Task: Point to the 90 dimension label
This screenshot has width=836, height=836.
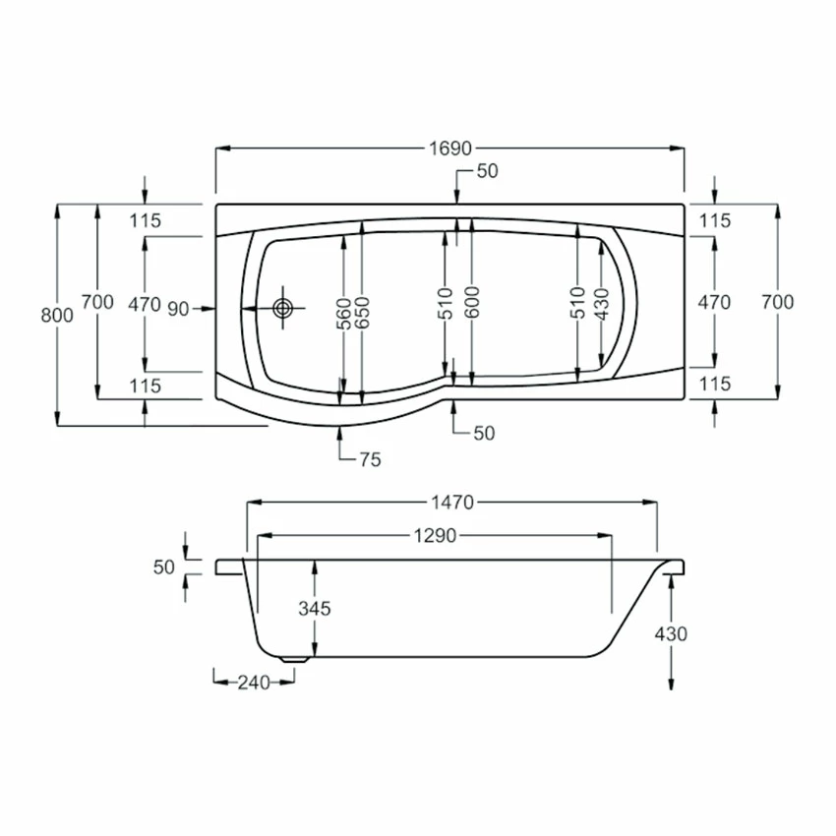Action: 177,309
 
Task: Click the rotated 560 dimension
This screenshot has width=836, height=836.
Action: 344,312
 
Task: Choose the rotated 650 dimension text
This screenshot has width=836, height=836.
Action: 362,312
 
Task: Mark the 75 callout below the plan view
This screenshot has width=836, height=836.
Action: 369,459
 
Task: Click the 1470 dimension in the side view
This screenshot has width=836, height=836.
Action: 451,503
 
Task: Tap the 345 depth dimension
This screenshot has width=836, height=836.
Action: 315,608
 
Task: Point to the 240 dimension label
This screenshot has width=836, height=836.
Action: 253,680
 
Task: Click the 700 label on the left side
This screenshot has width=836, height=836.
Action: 97,302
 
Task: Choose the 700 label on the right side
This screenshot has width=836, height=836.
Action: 777,302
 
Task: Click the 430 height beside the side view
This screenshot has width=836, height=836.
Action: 671,633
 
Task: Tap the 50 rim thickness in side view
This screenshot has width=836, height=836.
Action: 163,567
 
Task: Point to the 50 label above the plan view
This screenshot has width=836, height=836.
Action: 487,171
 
